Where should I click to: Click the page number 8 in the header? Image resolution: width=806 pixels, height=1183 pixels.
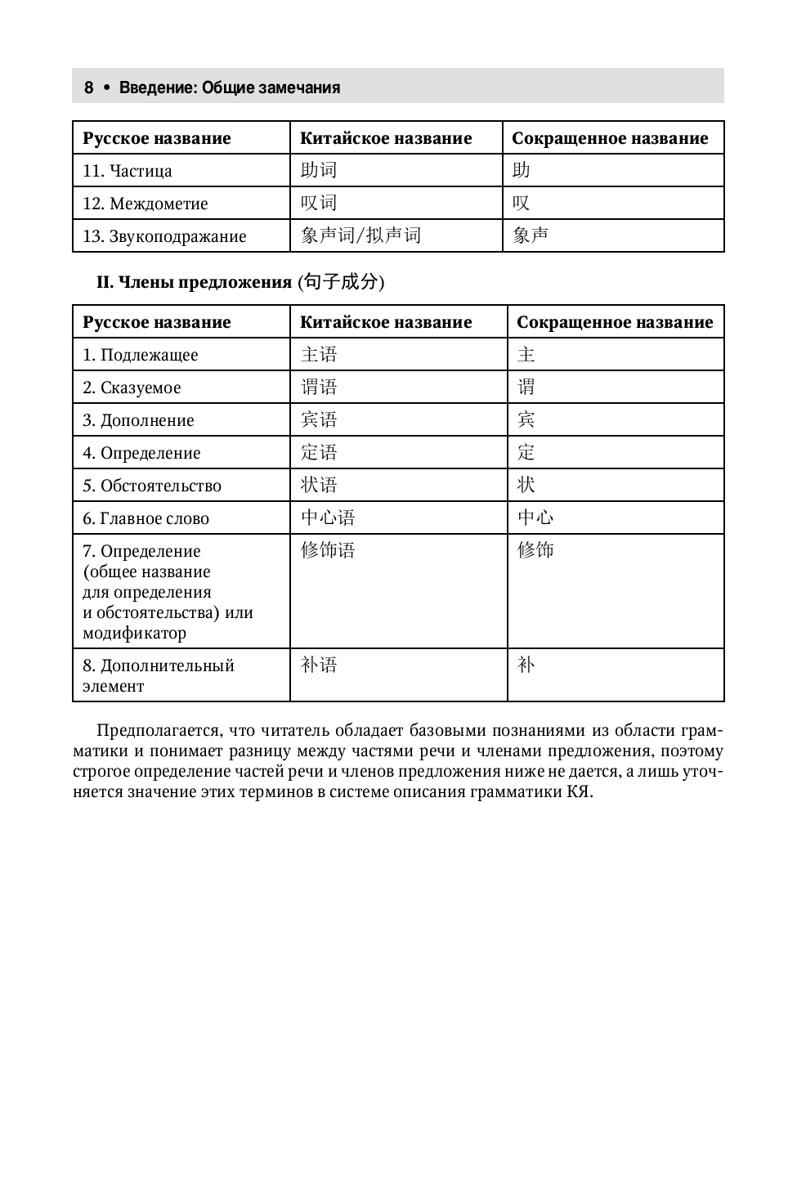tap(89, 87)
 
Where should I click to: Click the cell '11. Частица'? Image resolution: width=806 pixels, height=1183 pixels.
tap(128, 171)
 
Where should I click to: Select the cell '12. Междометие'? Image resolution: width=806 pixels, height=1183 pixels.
tap(146, 204)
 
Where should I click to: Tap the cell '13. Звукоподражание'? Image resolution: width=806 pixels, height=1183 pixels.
tap(164, 236)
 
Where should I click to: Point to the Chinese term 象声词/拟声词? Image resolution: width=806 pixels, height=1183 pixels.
tap(360, 235)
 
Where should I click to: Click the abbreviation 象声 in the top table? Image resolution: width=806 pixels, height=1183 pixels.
tap(531, 235)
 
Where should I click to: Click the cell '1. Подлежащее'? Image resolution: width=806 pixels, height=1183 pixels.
tap(140, 355)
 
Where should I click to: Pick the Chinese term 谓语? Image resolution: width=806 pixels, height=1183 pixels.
tap(319, 387)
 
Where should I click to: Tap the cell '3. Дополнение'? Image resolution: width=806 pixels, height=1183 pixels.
tap(138, 420)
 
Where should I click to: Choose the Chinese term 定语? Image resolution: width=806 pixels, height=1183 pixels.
tap(319, 452)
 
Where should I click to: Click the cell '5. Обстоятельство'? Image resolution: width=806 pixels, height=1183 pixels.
tap(152, 486)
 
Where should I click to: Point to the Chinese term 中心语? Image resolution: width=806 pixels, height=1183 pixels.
tap(328, 518)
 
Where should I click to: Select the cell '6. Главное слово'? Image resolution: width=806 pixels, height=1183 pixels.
tap(146, 518)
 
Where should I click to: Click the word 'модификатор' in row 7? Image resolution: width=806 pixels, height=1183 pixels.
tap(134, 633)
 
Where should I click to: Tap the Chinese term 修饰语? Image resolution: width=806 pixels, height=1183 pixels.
tap(328, 550)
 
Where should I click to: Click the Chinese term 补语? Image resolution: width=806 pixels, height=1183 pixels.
tap(319, 665)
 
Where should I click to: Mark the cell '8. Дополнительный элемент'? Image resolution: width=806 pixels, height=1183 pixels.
tap(158, 675)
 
